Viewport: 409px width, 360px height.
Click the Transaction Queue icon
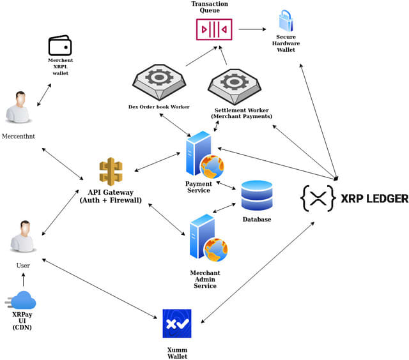pyautogui.click(x=214, y=29)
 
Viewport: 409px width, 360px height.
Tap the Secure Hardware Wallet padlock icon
pyautogui.click(x=285, y=20)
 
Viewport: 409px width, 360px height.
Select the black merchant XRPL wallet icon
pyautogui.click(x=61, y=46)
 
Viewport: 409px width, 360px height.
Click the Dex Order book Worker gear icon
pyautogui.click(x=158, y=81)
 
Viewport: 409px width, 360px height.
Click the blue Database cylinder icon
pyautogui.click(x=256, y=197)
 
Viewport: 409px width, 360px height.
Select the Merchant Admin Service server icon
pyautogui.click(x=207, y=239)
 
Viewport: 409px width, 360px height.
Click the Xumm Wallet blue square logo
pyautogui.click(x=177, y=324)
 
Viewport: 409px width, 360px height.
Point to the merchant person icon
pyautogui.click(x=18, y=107)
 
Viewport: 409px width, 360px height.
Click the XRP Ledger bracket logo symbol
pyautogui.click(x=318, y=199)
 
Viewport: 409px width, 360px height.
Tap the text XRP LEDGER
pyautogui.click(x=374, y=199)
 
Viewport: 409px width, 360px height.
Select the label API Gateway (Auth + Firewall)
pyautogui.click(x=111, y=196)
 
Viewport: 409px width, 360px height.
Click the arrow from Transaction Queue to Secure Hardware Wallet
pyautogui.click(x=252, y=29)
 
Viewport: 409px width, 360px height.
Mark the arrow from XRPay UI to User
pyautogui.click(x=24, y=280)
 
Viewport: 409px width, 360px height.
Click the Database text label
pyautogui.click(x=256, y=220)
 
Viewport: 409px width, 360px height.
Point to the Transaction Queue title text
pyautogui.click(x=210, y=8)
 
